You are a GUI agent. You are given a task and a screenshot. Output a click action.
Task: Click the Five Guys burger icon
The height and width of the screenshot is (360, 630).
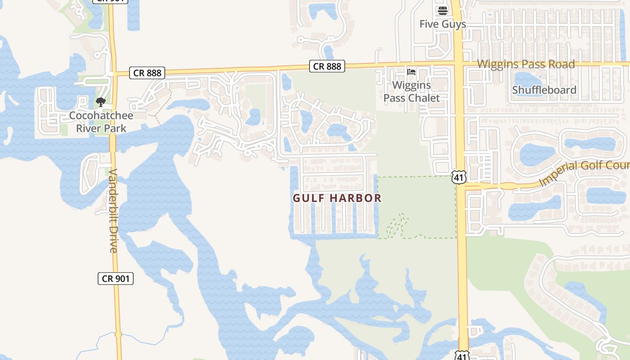[443, 10]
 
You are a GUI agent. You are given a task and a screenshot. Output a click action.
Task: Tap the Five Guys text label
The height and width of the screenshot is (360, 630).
[443, 24]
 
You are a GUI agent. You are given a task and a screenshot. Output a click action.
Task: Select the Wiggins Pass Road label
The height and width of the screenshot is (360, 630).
[526, 64]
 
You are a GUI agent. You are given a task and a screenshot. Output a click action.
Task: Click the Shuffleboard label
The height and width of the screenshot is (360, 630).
[544, 90]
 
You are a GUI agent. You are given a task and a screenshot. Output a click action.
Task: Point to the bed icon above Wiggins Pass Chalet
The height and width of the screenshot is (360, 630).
[411, 72]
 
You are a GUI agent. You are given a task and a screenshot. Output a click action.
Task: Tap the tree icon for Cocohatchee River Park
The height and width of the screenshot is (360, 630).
[101, 102]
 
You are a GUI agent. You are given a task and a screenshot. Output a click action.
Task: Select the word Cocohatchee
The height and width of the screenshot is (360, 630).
[101, 116]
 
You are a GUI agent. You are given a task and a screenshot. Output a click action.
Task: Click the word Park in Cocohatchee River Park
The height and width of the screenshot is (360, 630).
[114, 128]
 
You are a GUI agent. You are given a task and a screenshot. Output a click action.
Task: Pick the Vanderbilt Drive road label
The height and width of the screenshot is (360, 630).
[112, 211]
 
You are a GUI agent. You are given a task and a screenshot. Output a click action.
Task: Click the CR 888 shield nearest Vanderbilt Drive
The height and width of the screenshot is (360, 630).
[147, 73]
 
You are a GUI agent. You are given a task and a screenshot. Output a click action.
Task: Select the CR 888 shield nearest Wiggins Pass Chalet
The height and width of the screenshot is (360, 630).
[327, 67]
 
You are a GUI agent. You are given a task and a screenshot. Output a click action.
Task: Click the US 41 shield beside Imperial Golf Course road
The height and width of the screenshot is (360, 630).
[459, 177]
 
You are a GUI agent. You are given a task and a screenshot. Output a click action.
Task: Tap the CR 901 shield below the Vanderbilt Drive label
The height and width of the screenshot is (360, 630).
[116, 279]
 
